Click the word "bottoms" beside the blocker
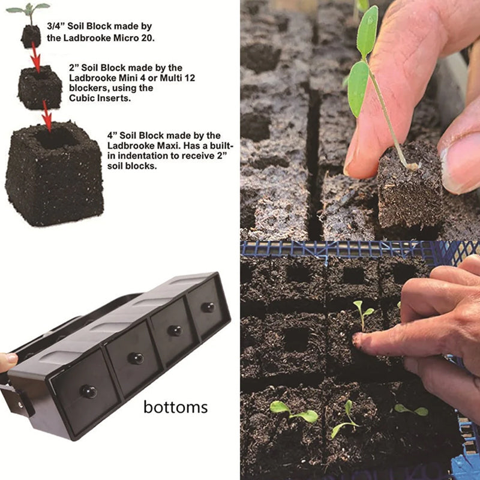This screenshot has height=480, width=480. pos(175,407)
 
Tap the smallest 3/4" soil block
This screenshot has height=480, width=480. pos(31,37)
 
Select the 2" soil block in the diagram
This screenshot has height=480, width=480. pos(40,88)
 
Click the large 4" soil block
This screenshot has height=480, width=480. pos(55,174)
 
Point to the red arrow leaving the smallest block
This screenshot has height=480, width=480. pos(35,58)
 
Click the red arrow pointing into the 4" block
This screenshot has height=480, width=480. pos(47,116)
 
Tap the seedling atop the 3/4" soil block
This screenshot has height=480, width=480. pos(29,13)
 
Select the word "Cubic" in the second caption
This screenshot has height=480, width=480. pos(82,98)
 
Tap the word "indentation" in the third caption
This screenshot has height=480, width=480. pos(143,156)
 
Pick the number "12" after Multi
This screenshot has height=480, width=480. pos(190,78)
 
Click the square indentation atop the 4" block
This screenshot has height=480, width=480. pos(55,138)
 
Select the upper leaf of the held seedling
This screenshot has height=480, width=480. pos(367,31)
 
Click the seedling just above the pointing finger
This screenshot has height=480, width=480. pos(363,314)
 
